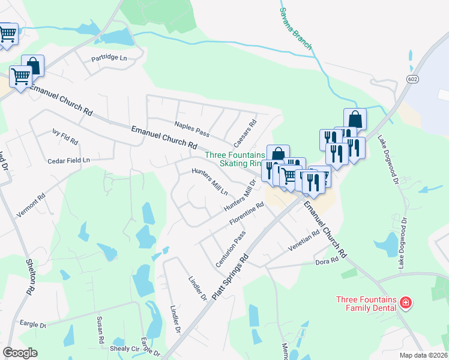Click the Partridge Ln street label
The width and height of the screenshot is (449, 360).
click(109, 58)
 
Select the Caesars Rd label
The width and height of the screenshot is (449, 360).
click(245, 133)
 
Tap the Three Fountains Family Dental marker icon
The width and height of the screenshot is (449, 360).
click(406, 301)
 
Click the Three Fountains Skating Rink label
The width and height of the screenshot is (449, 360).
click(235, 159)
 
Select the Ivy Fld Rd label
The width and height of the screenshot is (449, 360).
click(65, 136)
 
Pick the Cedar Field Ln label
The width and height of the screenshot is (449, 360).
click(69, 161)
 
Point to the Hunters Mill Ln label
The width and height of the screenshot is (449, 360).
click(209, 182)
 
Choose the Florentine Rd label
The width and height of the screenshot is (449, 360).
click(246, 214)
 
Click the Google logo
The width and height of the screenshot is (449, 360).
click(20, 353)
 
